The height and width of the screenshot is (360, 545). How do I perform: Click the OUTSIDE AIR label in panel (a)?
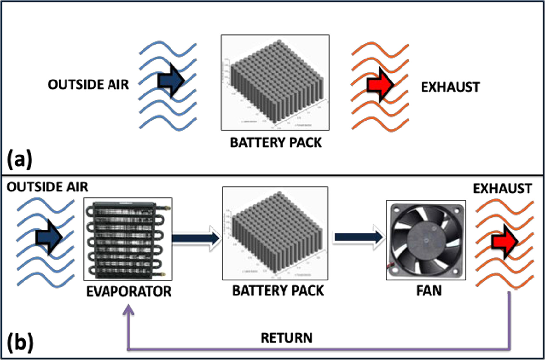point(88,85)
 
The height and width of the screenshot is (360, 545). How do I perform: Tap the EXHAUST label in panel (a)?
point(450,87)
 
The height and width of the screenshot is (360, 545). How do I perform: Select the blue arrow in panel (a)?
point(171,80)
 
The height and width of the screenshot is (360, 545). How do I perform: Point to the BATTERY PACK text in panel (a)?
point(276,142)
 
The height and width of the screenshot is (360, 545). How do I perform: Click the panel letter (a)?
point(19,159)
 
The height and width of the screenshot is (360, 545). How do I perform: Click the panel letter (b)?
point(20,343)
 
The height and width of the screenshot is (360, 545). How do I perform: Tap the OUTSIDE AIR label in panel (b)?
point(47,187)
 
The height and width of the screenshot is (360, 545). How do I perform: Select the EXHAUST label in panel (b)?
point(502,189)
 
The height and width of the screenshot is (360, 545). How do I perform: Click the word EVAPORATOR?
point(129,292)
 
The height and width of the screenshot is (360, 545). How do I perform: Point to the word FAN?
point(429,291)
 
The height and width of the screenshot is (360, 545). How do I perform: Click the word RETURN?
point(286,338)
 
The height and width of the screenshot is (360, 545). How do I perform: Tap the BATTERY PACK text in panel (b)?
point(278,291)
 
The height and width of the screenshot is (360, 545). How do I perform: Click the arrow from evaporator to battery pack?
point(196,238)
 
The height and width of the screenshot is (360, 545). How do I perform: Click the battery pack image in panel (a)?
point(275,83)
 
